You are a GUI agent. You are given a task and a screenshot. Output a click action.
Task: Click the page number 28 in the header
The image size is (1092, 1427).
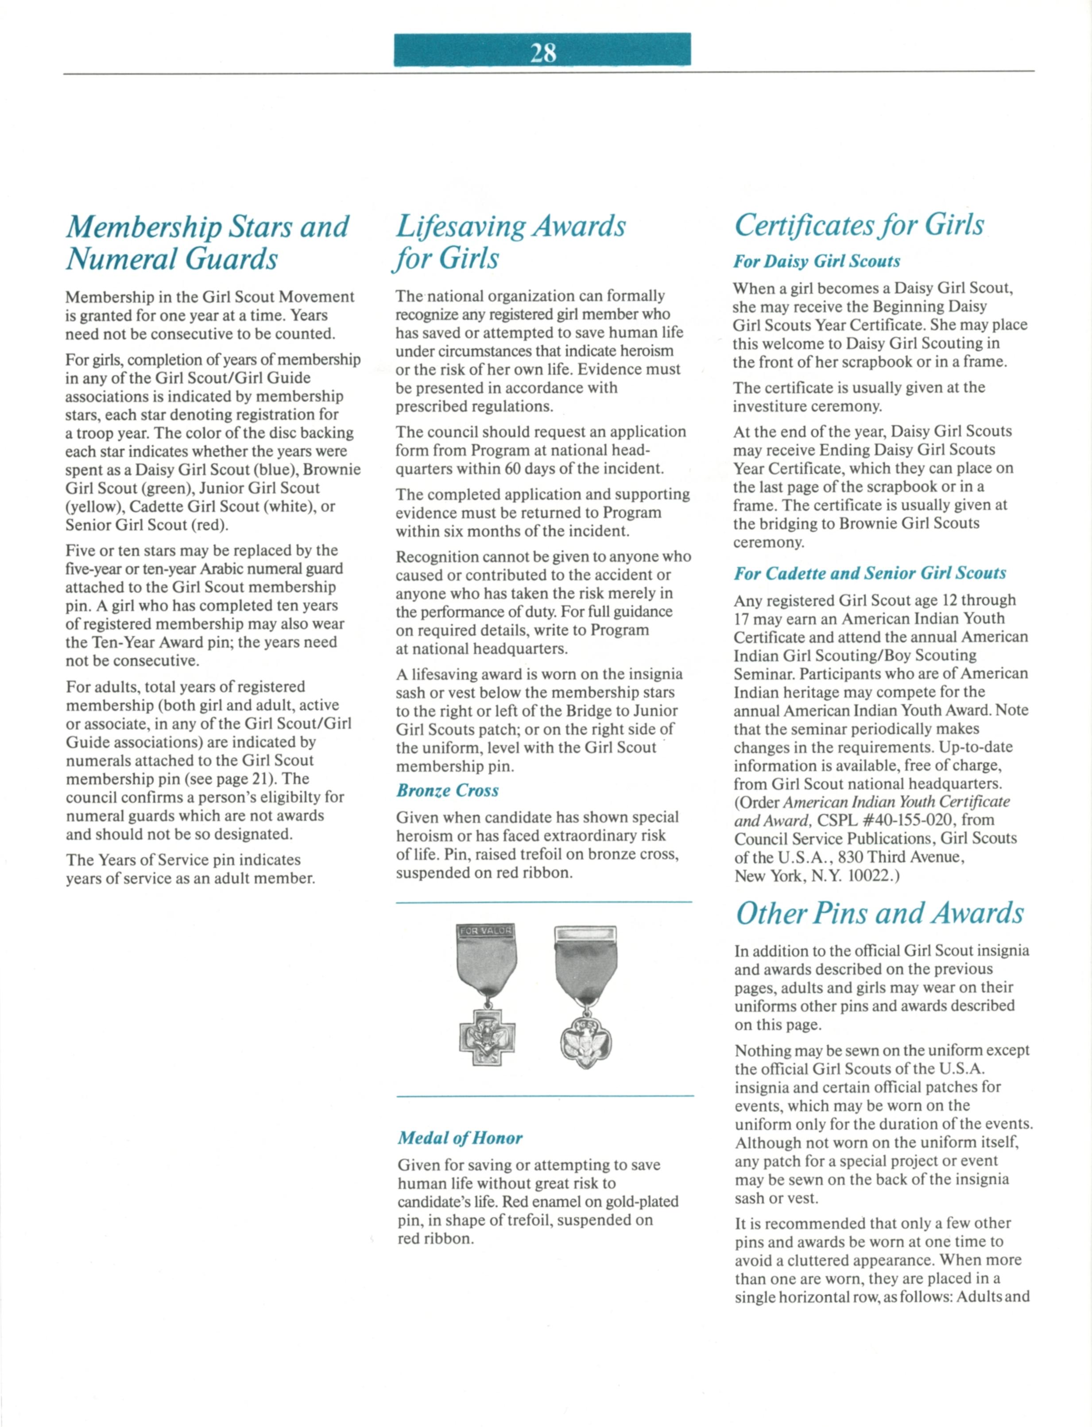pyautogui.click(x=543, y=51)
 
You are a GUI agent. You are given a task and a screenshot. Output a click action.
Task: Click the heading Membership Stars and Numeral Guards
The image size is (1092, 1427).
pyautogui.click(x=207, y=242)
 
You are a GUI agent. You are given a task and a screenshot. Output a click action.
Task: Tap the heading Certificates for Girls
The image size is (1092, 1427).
pyautogui.click(x=859, y=225)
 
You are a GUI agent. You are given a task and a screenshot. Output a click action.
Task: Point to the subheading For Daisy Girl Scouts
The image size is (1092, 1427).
pyautogui.click(x=817, y=261)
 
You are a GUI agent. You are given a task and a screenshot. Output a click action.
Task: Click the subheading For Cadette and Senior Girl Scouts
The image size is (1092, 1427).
pyautogui.click(x=870, y=573)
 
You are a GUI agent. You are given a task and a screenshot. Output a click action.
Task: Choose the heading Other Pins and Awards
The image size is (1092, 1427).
pyautogui.click(x=879, y=913)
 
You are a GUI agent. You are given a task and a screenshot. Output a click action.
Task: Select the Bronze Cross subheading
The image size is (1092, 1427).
pyautogui.click(x=447, y=790)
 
